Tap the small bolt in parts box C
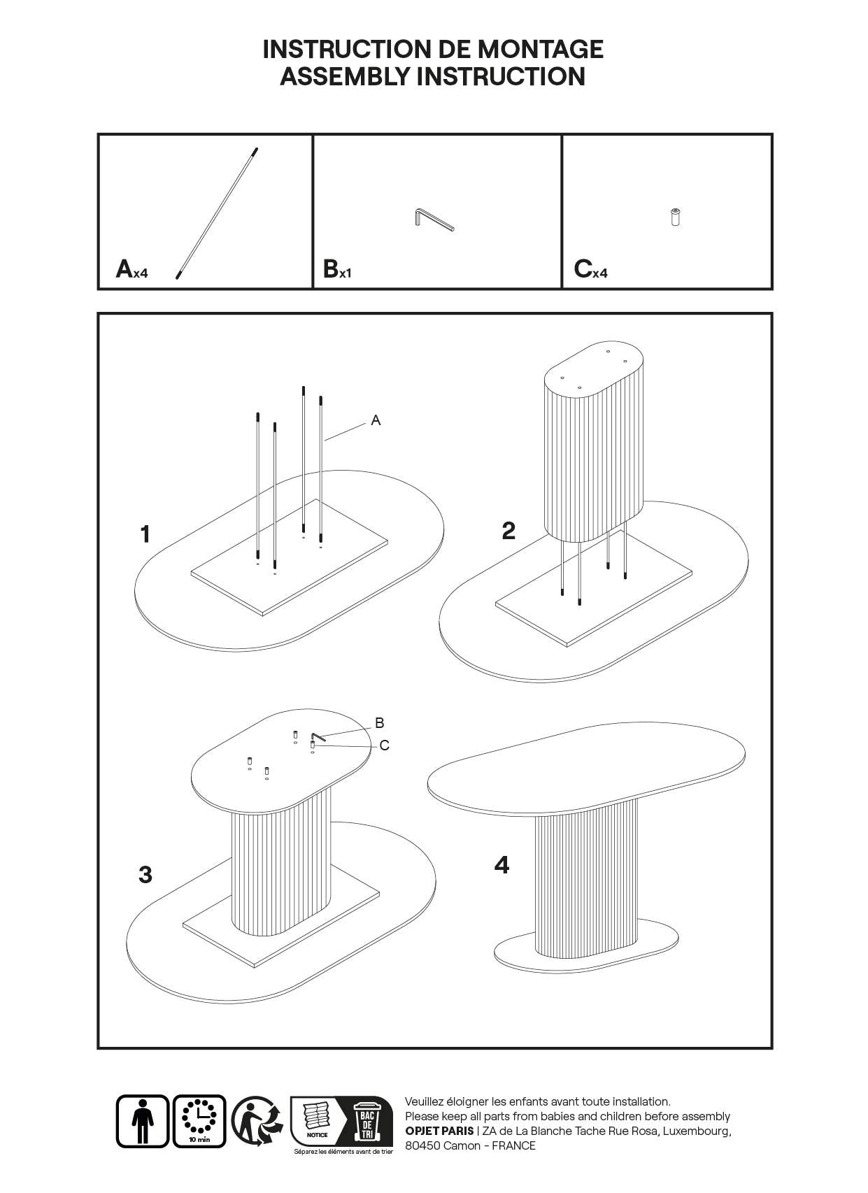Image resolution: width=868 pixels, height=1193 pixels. pos(675,217)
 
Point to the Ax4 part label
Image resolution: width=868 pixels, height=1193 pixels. pos(131,269)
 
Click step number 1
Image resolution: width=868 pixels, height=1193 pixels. pos(145,534)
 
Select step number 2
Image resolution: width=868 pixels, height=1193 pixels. pos(508,531)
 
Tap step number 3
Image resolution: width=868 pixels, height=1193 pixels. pos(145,874)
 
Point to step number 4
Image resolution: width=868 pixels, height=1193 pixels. pos(501,865)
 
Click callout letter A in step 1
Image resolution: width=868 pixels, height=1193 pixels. pos(376,420)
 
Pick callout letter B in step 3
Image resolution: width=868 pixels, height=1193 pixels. pos(379,722)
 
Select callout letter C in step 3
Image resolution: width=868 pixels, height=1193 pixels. pos(384,745)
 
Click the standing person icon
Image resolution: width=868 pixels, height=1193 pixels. pos(142,1121)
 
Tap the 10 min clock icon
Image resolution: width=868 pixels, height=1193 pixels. pos(199,1121)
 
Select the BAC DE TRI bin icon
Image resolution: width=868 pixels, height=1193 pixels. pos(366,1120)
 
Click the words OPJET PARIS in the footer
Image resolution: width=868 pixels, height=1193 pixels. pos(439,1131)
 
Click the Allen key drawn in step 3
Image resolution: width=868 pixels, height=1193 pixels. pos(319,738)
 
